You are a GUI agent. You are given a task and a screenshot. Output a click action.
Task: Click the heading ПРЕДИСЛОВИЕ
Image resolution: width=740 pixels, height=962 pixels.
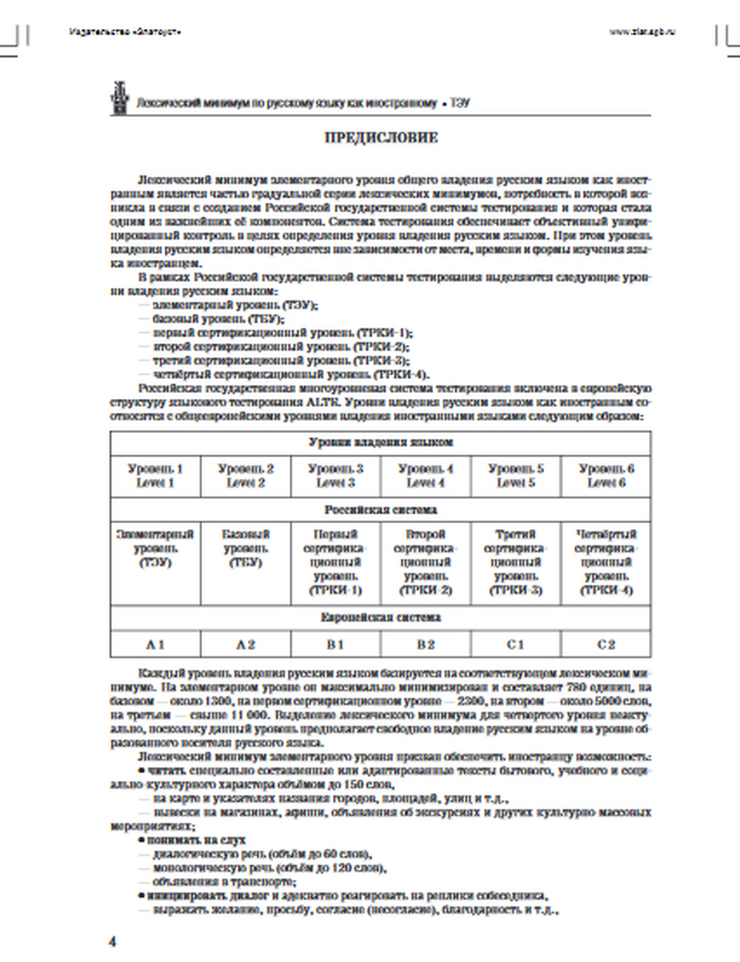click(x=381, y=138)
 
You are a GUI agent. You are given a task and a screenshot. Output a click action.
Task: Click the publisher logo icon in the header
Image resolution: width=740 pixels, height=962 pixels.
click(x=118, y=97)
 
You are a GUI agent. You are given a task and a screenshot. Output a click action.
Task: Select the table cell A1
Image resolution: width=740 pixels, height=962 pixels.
click(x=155, y=645)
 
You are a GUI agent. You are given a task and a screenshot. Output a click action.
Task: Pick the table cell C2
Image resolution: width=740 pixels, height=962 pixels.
click(x=606, y=645)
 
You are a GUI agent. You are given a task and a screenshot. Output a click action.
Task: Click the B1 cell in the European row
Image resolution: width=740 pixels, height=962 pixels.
click(x=335, y=645)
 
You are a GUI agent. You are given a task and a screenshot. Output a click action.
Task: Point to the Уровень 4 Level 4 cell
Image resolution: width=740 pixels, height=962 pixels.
click(x=425, y=476)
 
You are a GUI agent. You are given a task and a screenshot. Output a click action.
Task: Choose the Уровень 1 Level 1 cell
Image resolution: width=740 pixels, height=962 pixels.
click(x=155, y=476)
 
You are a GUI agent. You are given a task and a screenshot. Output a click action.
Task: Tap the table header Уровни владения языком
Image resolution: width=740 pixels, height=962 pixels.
click(x=380, y=443)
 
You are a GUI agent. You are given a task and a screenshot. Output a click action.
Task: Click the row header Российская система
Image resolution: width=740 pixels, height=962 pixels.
click(x=380, y=510)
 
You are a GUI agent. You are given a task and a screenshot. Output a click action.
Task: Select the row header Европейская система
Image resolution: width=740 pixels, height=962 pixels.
click(x=380, y=617)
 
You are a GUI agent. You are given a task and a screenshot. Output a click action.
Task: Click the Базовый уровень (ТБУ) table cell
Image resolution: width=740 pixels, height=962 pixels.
click(x=246, y=548)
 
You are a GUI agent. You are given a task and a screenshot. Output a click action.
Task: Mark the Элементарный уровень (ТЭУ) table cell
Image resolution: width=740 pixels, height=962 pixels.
click(x=155, y=548)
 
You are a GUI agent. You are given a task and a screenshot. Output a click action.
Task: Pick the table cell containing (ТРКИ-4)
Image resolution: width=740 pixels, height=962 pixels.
click(x=606, y=562)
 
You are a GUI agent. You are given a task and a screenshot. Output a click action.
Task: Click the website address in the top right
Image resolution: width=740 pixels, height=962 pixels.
click(x=642, y=32)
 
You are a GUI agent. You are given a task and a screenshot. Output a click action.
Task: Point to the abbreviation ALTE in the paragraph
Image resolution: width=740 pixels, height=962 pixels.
click(x=320, y=402)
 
